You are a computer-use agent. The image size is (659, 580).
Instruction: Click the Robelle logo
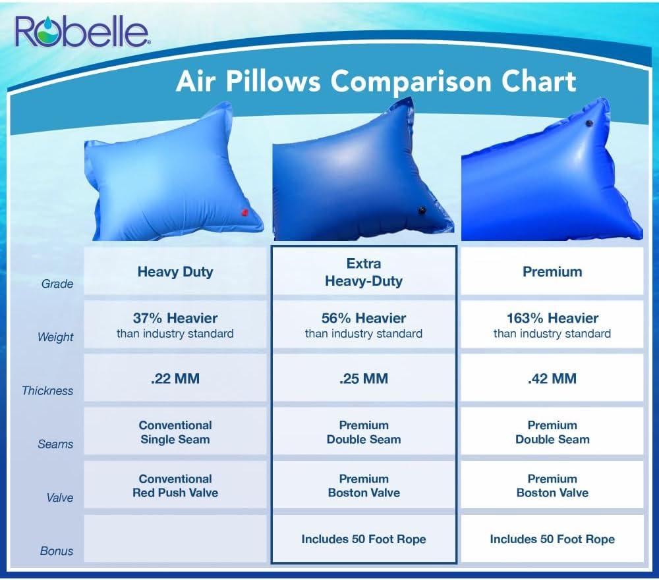[82, 32]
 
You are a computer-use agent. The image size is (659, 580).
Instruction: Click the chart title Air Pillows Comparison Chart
[376, 81]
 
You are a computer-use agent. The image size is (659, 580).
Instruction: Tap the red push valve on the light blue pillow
[244, 213]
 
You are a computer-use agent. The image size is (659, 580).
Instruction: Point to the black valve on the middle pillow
[422, 210]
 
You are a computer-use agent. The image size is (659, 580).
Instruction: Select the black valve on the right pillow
[589, 123]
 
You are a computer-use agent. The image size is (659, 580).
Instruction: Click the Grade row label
[57, 284]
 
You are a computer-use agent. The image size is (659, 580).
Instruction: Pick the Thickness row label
[47, 390]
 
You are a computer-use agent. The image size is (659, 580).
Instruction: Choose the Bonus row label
[57, 551]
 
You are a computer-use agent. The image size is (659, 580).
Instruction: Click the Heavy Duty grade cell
[175, 272]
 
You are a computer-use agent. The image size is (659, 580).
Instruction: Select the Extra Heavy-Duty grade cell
[364, 272]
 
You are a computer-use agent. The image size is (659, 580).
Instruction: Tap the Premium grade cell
[552, 272]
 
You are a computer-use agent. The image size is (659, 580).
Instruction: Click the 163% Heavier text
[552, 318]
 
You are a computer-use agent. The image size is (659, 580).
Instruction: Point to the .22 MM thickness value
[175, 379]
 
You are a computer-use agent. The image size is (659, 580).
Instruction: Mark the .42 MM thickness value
[552, 379]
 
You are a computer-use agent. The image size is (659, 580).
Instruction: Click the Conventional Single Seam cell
[175, 432]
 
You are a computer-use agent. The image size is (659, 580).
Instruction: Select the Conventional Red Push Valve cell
[175, 485]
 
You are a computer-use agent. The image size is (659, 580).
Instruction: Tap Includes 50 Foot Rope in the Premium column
[552, 539]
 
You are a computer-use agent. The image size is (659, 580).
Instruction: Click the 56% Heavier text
[364, 318]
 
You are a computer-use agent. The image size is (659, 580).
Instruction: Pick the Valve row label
[60, 498]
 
